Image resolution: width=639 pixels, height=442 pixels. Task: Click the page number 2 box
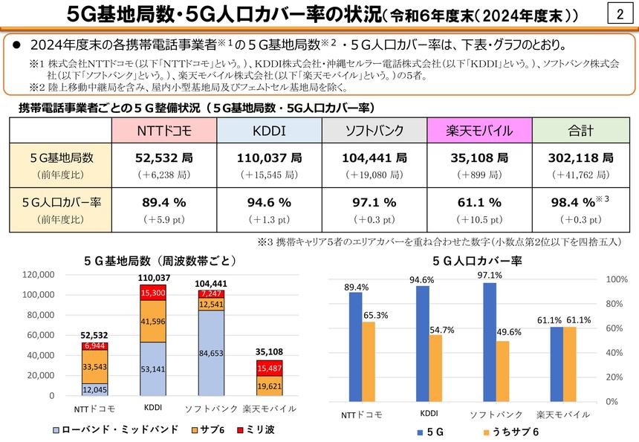pos(619,15)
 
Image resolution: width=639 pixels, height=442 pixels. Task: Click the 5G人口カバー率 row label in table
pos(60,202)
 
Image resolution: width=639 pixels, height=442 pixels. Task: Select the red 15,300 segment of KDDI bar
pos(153,292)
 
